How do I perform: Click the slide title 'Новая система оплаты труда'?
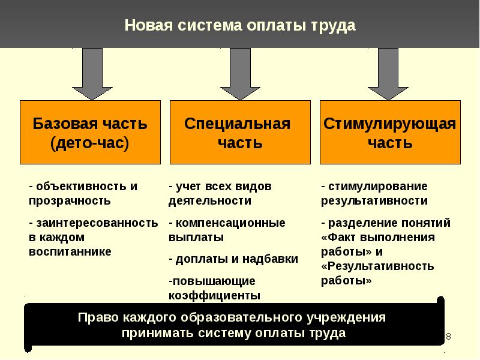click(x=239, y=25)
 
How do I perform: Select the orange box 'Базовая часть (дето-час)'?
click(x=91, y=132)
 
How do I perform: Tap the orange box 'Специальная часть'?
click(x=240, y=132)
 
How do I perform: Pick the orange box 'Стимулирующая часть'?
click(x=390, y=132)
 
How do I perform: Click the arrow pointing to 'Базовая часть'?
click(x=92, y=74)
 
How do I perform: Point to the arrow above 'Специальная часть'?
click(x=241, y=74)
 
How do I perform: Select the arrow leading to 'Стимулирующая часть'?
click(x=388, y=74)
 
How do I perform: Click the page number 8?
click(x=448, y=337)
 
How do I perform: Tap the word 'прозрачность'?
click(x=70, y=201)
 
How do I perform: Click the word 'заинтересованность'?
click(x=97, y=223)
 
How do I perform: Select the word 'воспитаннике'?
click(x=70, y=251)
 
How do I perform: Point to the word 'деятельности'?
click(x=209, y=201)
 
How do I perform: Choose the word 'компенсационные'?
click(x=230, y=223)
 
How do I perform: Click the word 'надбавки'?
click(x=270, y=259)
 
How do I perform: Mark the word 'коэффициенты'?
click(x=214, y=296)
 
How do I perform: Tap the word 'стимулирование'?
click(x=378, y=187)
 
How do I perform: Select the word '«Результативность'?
click(x=377, y=266)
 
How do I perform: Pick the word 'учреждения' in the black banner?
click(x=346, y=318)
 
